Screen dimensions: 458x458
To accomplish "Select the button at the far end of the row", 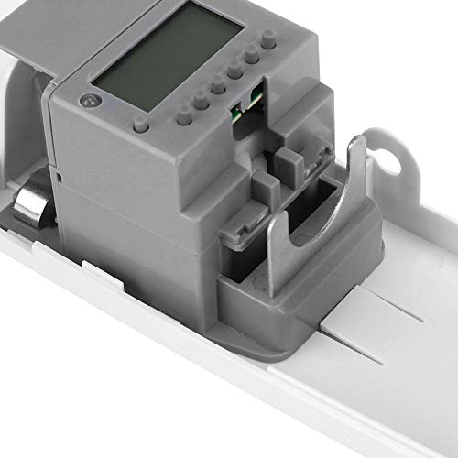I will (x=267, y=42).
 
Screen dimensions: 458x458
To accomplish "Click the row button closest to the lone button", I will (x=184, y=117).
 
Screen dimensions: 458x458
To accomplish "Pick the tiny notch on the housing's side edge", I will (x=57, y=170).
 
